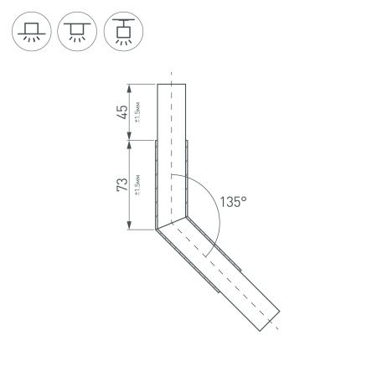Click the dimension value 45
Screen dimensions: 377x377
122,112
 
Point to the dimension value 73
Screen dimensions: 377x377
122,185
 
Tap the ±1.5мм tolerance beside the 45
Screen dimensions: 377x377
136,113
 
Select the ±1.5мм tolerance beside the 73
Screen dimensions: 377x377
136,185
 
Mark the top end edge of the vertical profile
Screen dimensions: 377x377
171,85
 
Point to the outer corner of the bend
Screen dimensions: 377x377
157,229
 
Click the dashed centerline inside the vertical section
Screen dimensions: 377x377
171,151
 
